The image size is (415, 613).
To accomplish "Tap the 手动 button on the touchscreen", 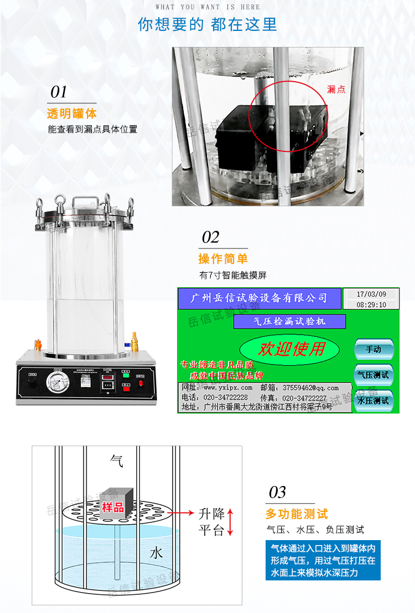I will [x=373, y=350].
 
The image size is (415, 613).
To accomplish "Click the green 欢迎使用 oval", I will [x=292, y=348].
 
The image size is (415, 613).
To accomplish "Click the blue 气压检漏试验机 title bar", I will [x=290, y=321].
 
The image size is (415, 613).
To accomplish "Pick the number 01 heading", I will [x=59, y=92].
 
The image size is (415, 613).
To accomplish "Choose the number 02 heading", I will [x=210, y=237].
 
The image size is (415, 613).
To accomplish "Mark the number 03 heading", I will [x=277, y=492].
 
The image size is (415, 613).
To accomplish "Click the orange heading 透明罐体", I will [x=72, y=114].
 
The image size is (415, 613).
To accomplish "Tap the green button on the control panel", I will [x=126, y=374].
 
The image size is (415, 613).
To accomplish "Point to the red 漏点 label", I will [x=336, y=89].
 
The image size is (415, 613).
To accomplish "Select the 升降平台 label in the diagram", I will [x=211, y=522].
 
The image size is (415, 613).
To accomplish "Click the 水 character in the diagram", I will [x=157, y=553].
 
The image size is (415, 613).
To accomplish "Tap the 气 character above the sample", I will [x=117, y=459].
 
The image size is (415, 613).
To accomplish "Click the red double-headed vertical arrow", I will [x=231, y=522].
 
